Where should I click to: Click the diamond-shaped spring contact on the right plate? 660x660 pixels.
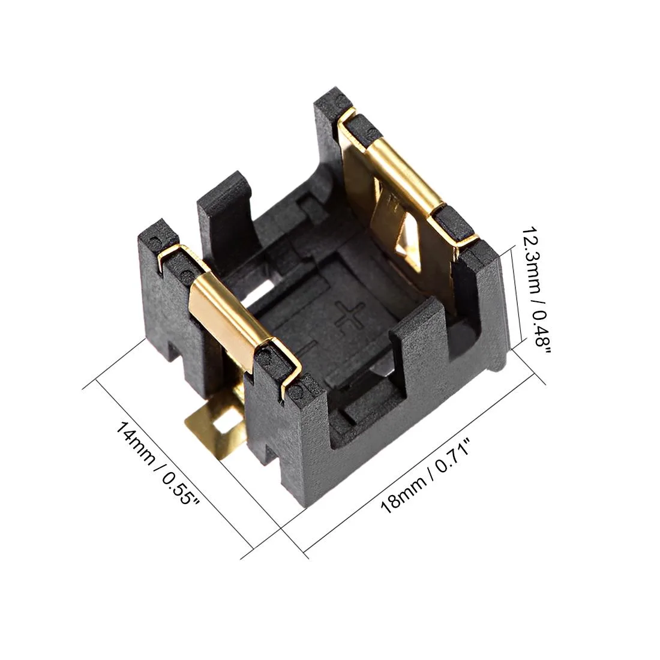pos(407,240)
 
